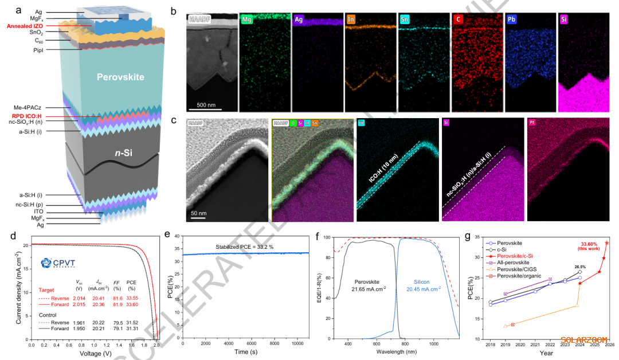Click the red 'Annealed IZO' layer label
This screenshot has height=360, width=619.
pyautogui.click(x=28, y=26)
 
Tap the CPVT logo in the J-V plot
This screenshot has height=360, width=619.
pyautogui.click(x=57, y=264)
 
